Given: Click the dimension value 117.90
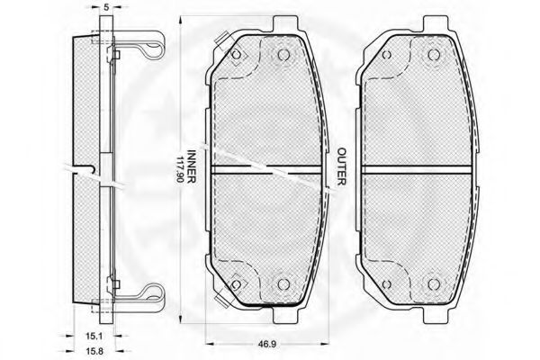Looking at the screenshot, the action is pyautogui.click(x=180, y=170).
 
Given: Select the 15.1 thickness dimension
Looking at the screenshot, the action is pyautogui.click(x=94, y=335).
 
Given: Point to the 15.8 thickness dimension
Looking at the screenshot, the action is pyautogui.click(x=94, y=351).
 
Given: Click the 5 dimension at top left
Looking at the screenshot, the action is pyautogui.click(x=106, y=7).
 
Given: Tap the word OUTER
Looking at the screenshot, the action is pyautogui.click(x=341, y=166).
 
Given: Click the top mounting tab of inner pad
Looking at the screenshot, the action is pyautogui.click(x=284, y=25).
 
